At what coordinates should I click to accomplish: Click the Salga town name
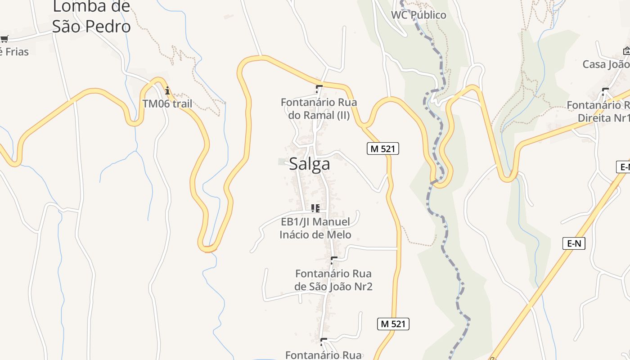point(310,164)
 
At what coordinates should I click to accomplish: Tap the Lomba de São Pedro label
point(91,17)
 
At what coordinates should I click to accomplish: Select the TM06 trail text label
point(167,104)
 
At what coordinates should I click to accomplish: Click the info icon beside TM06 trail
point(167,91)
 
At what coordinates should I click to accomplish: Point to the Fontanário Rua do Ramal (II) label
point(319,108)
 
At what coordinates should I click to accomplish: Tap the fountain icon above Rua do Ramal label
point(319,89)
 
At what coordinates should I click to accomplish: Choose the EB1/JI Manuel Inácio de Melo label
point(315,228)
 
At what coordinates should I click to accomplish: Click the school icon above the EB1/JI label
point(315,208)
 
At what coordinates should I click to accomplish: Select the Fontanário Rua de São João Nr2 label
point(333,280)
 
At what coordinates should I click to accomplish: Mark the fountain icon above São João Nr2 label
point(333,260)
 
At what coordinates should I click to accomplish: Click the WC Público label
point(418,15)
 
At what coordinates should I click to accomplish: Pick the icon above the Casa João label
point(626,51)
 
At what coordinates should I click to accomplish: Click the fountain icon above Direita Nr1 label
point(605,92)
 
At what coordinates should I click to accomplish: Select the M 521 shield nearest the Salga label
point(383,148)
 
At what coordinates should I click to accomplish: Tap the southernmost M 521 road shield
point(393,324)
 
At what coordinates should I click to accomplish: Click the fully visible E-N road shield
point(574,244)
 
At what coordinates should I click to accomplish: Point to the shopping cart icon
point(4,39)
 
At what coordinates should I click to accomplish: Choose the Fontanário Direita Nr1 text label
point(598,112)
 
